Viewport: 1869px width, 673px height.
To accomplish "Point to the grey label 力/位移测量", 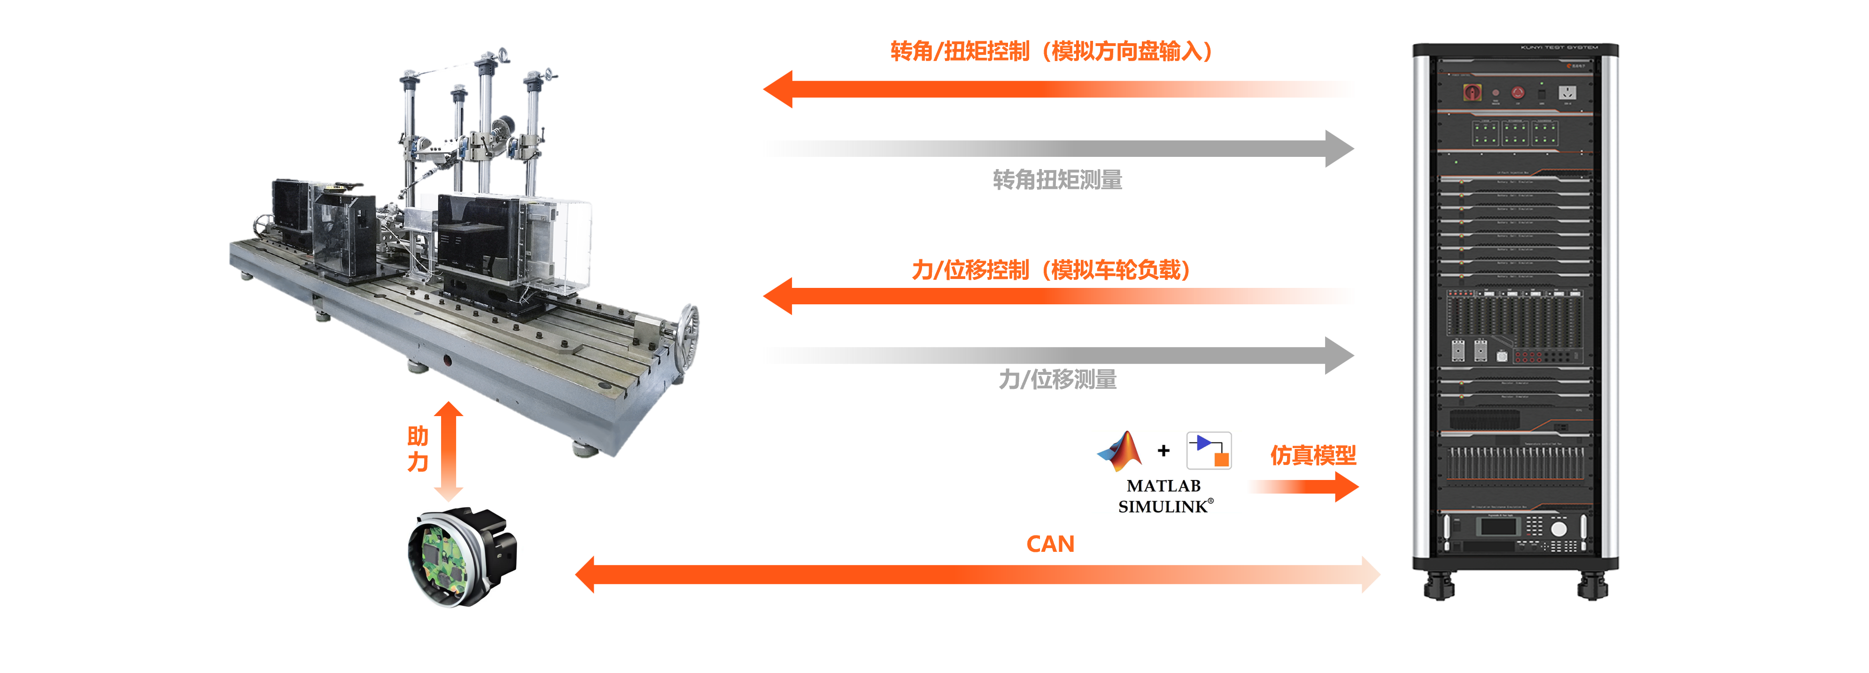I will (x=1057, y=379).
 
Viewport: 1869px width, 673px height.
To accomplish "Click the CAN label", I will (x=1050, y=544).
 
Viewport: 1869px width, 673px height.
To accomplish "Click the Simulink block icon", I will (x=1209, y=451).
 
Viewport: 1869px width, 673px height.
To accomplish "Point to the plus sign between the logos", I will (x=1164, y=451).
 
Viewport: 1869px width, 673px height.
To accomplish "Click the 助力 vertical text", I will (x=418, y=449).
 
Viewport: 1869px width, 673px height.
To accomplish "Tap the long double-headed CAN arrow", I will (x=977, y=574).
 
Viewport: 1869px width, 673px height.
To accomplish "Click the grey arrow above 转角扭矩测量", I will (x=1057, y=149).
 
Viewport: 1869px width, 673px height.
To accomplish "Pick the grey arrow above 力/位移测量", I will (x=1057, y=356).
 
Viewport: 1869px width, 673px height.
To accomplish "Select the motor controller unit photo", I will (x=453, y=556).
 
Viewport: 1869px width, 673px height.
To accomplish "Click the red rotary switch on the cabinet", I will (x=1472, y=93).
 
